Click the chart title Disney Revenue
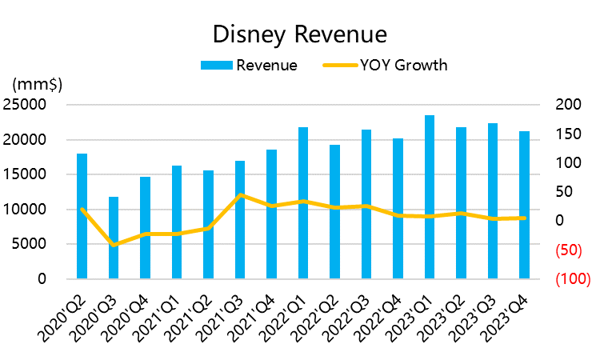tap(299, 34)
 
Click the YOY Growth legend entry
tap(385, 66)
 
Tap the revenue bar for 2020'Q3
tap(114, 238)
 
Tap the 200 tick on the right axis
tap(565, 105)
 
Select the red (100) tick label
tap(572, 279)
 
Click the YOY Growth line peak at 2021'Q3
tap(240, 194)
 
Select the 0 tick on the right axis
tap(559, 221)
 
